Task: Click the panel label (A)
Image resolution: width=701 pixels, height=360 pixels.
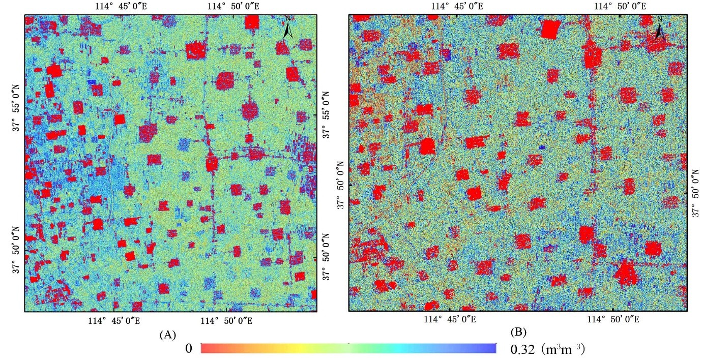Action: coord(167,335)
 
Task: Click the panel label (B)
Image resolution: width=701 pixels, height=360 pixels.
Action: coord(517,334)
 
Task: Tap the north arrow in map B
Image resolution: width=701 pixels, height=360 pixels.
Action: coord(660,30)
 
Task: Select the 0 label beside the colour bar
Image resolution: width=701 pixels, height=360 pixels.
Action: coord(188,349)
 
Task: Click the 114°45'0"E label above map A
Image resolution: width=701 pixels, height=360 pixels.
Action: coord(119,7)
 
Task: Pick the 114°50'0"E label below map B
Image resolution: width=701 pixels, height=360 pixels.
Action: coord(612,320)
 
